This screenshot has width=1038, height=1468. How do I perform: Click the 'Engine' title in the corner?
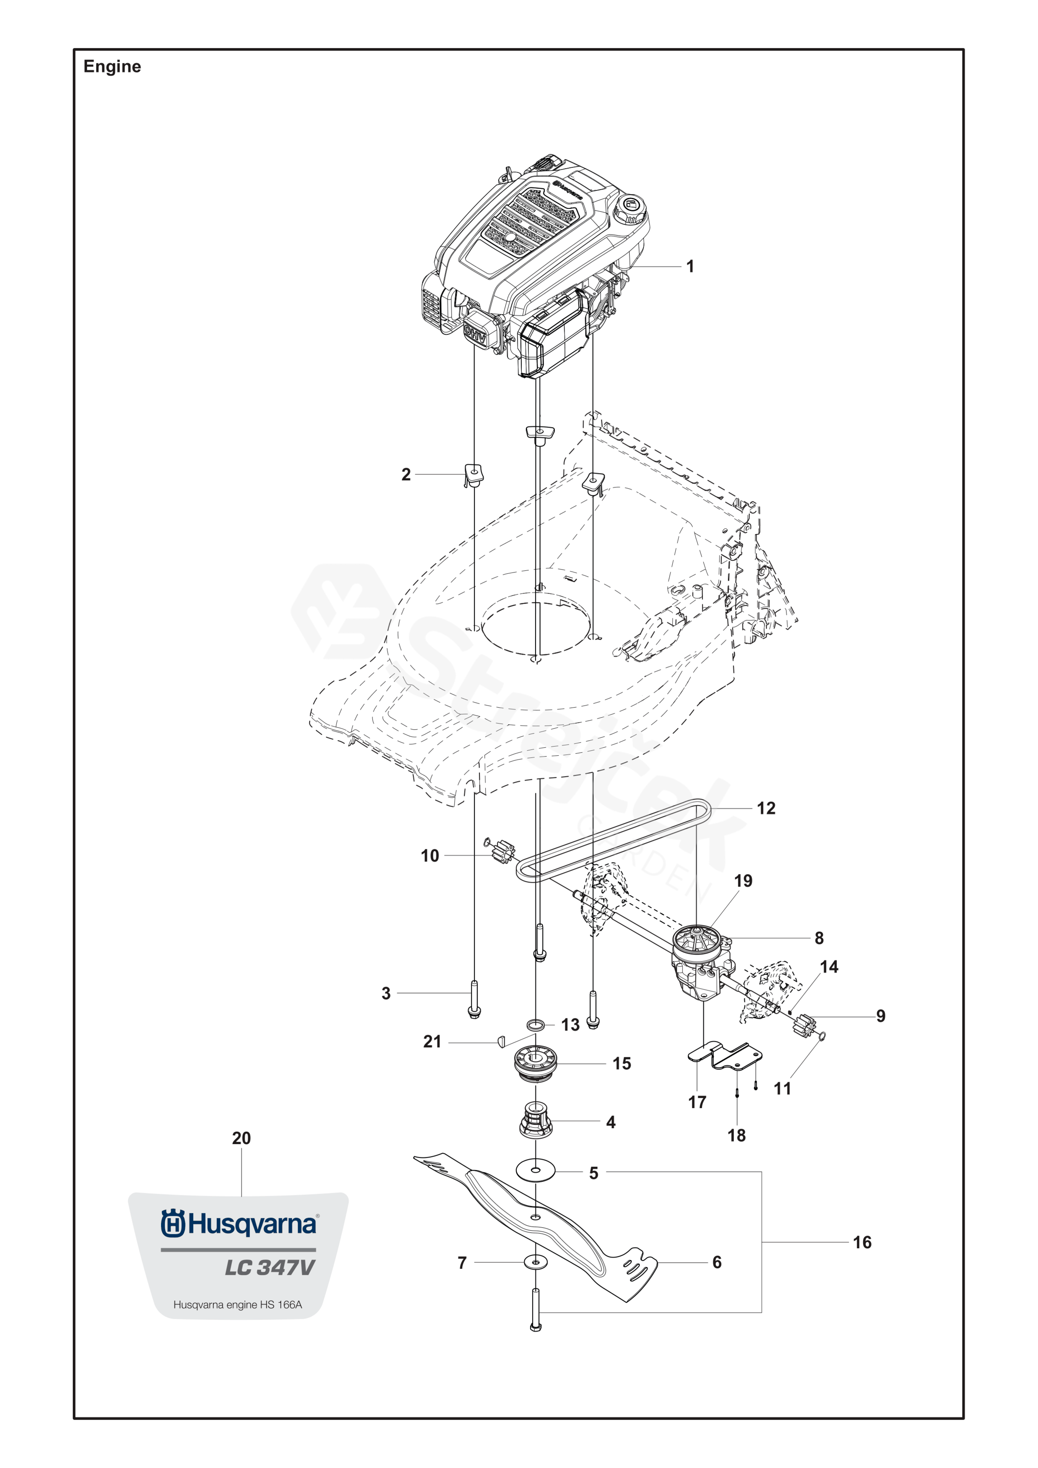pos(112,67)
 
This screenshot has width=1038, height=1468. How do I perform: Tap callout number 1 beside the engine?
pos(689,266)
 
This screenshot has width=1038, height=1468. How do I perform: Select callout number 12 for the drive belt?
pos(766,808)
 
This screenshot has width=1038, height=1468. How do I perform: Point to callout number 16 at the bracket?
pos(861,1242)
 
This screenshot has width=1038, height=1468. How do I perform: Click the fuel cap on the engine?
pos(630,208)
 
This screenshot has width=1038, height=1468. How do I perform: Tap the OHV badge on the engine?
pos(475,332)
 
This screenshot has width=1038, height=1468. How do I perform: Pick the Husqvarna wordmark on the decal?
pos(240,1224)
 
